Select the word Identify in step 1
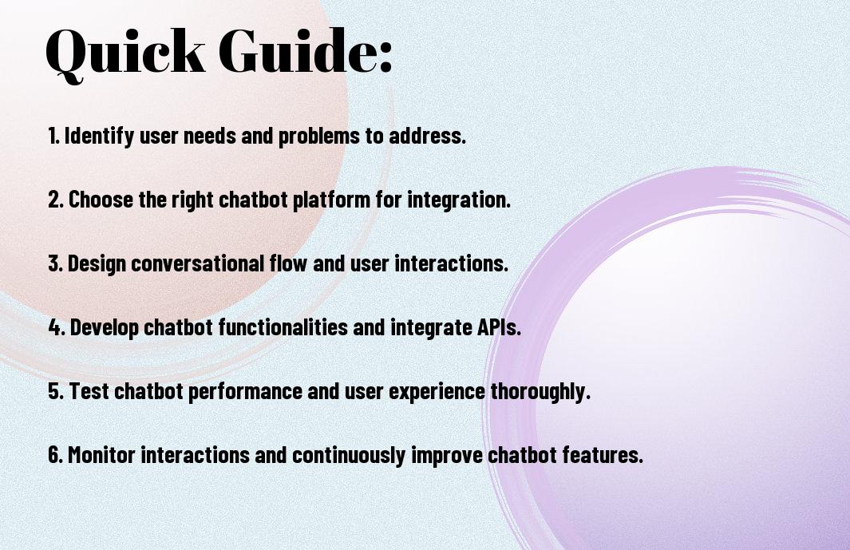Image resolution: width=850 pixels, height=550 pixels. [x=99, y=136]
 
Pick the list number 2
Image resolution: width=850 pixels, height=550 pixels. [x=55, y=200]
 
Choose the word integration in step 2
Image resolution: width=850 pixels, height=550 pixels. [x=459, y=200]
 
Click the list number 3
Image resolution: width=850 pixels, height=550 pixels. [x=55, y=263]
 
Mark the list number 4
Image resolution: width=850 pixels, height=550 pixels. [x=57, y=327]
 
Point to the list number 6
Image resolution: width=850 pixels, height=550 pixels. [x=55, y=454]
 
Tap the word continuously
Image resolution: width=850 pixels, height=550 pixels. [x=349, y=455]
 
